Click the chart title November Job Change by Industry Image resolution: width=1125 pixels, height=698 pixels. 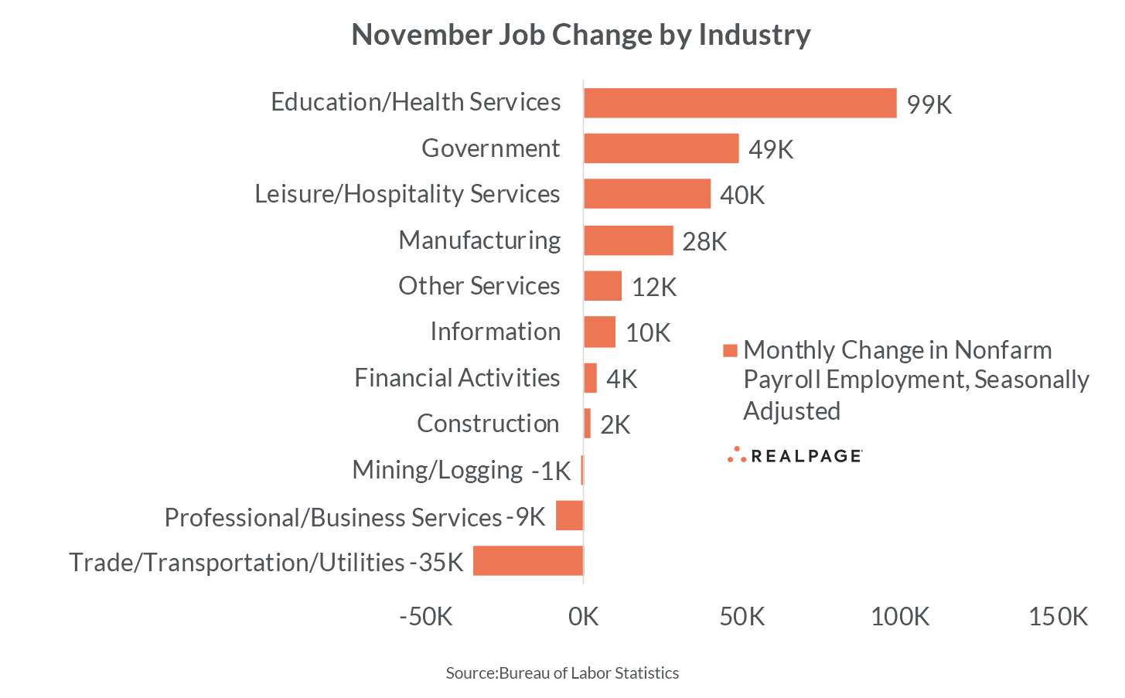[x=581, y=35]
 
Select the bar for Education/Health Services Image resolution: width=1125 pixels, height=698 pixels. [x=740, y=103]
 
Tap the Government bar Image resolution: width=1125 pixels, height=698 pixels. [x=661, y=148]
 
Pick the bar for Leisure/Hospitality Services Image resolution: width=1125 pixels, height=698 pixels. [x=647, y=194]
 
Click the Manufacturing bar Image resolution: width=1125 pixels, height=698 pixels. [x=629, y=240]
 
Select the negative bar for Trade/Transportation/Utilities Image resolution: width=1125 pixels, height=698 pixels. [x=528, y=561]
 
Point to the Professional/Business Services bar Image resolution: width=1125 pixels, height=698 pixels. [x=570, y=516]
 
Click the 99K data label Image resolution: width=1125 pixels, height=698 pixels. [x=929, y=104]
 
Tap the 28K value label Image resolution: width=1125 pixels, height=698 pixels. [x=704, y=242]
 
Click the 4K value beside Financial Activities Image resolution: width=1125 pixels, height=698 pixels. [x=622, y=380]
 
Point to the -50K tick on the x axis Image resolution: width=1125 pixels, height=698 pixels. [x=425, y=617]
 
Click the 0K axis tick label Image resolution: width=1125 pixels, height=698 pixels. [x=583, y=617]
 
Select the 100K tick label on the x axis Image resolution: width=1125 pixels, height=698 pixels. [x=900, y=617]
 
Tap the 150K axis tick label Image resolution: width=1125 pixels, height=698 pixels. [x=1058, y=617]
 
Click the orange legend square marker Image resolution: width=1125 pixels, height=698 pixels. [x=729, y=351]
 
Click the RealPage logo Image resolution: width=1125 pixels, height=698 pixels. [x=795, y=455]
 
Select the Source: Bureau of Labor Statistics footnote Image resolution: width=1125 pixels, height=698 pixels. [x=562, y=673]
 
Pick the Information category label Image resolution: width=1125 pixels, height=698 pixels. [x=495, y=332]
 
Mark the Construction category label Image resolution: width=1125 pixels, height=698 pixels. [x=488, y=424]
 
